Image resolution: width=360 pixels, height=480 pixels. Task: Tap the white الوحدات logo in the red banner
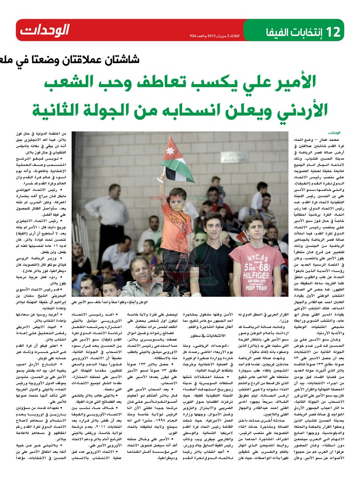[45, 30]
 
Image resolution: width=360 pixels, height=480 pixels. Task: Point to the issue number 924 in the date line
[194, 36]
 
